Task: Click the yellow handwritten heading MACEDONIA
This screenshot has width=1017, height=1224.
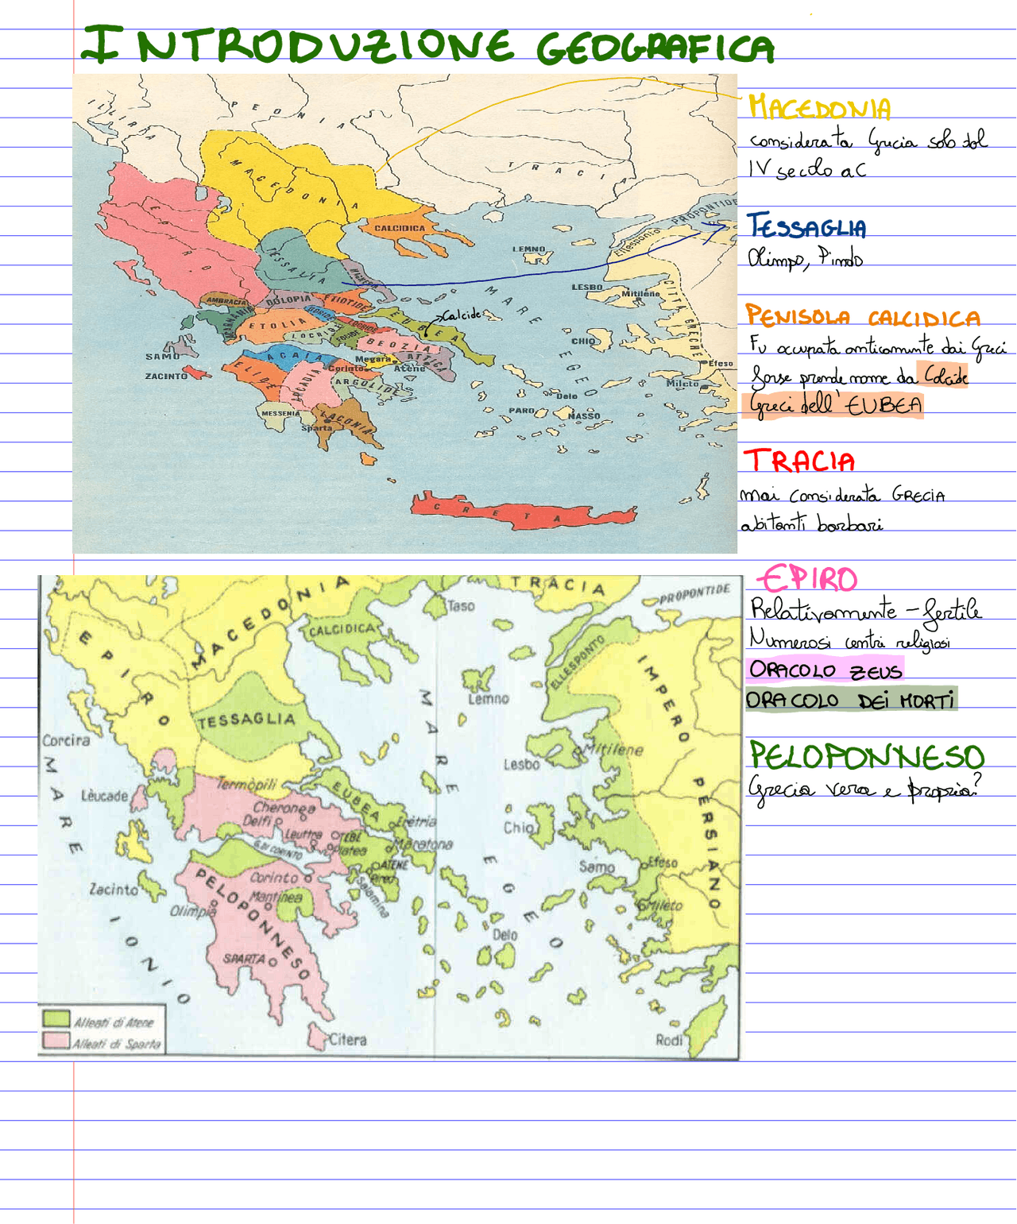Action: tap(819, 108)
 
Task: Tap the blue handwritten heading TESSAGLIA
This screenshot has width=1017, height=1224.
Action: tap(807, 228)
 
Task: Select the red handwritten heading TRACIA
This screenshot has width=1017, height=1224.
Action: tap(799, 461)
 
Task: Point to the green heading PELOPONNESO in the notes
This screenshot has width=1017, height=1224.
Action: tap(866, 756)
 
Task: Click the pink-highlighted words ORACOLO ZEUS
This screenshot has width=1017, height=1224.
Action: tap(825, 670)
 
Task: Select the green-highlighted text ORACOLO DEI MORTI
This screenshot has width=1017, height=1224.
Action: tap(850, 701)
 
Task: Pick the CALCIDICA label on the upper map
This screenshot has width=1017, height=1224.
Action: tap(400, 228)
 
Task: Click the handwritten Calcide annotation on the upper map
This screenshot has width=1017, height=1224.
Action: tap(462, 315)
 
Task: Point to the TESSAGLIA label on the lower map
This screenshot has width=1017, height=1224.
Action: tap(246, 720)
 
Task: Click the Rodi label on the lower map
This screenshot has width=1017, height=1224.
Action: tap(668, 1040)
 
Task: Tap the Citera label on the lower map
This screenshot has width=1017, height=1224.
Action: tap(347, 1039)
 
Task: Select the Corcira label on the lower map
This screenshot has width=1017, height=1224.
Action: tap(66, 740)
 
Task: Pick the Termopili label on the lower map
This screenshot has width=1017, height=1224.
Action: tap(246, 784)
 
